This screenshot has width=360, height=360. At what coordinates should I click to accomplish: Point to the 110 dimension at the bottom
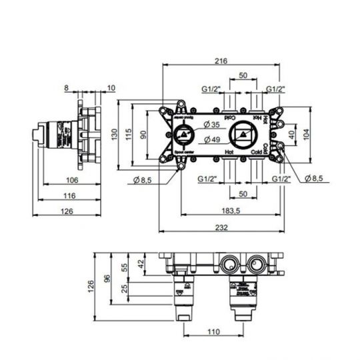(212, 331)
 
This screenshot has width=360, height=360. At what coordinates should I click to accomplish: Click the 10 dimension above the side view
(110, 87)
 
